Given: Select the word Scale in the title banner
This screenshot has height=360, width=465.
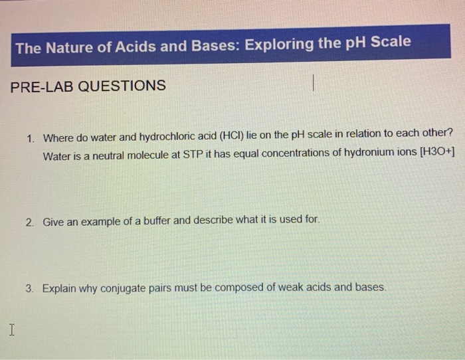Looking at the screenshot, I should tap(390, 42).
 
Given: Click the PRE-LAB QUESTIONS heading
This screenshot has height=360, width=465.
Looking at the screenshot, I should tap(88, 86).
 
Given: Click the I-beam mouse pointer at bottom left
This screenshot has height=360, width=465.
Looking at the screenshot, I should tap(11, 329).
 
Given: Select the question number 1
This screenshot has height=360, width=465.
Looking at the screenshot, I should tap(31, 138).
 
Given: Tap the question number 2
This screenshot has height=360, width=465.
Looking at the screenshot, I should tap(31, 223).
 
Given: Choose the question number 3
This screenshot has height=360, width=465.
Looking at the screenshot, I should tap(30, 289).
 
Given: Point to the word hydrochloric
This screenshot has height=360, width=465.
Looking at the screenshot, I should tap(185, 137).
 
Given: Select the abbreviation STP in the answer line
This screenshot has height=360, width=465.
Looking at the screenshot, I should tap(194, 155).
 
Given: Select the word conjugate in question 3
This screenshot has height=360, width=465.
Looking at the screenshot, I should tap(124, 288).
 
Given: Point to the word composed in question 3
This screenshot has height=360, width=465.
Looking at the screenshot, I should tap(229, 288).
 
